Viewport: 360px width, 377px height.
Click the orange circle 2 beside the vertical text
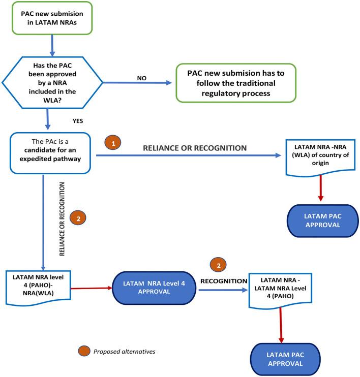(78, 219)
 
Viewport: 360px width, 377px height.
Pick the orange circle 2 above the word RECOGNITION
(218, 266)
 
